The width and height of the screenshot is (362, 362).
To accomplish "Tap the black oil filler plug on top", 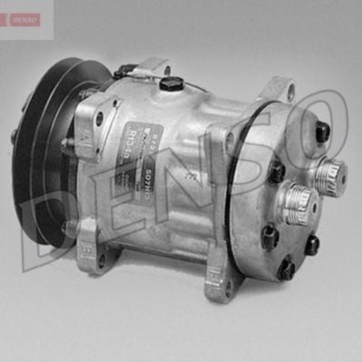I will click(171, 84).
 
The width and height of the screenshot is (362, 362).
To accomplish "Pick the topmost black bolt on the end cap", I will click(322, 131).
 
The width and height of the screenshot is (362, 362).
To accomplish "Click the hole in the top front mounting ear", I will click(167, 70).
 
